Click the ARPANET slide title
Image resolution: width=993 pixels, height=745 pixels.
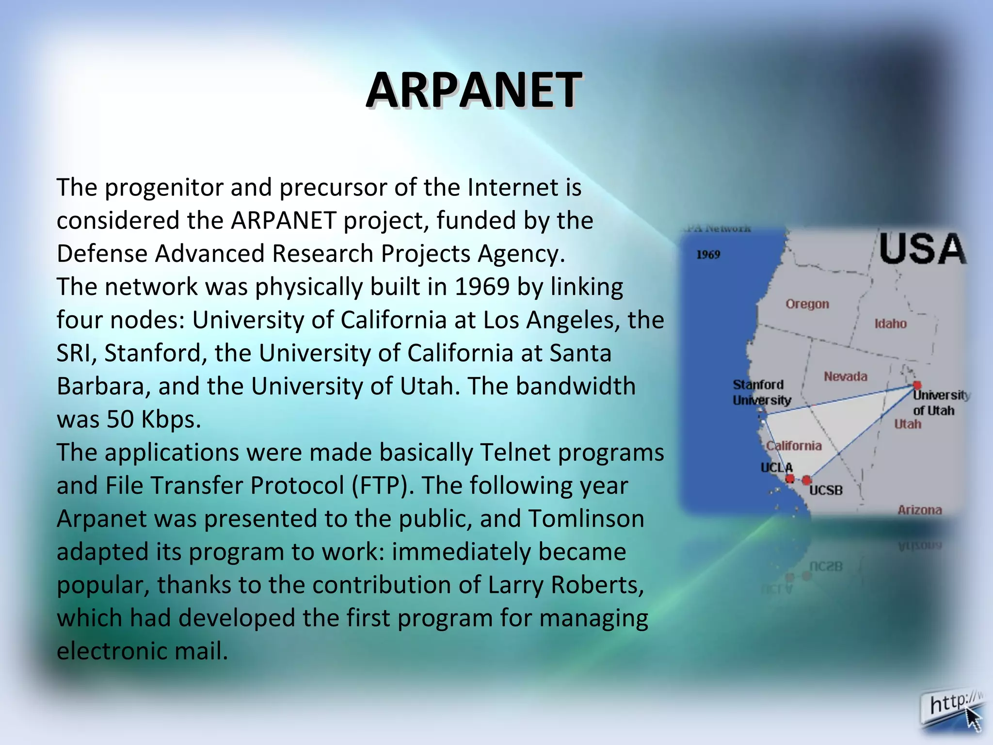[x=474, y=90]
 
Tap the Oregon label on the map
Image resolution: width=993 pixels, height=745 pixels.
[x=807, y=304]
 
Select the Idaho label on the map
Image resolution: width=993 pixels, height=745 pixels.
[x=890, y=324]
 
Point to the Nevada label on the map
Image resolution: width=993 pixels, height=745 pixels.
[x=845, y=376]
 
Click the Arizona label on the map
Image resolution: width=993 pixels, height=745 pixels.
[x=919, y=510]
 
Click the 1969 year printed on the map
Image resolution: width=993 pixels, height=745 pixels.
[x=708, y=255]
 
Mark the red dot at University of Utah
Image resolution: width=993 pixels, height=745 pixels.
[x=916, y=385]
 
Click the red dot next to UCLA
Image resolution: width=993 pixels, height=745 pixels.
[x=790, y=479]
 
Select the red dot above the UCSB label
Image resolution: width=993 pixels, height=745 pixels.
[x=806, y=480]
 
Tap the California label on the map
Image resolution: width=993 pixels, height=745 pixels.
[x=794, y=446]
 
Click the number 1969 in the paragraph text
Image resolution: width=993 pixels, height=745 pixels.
[x=482, y=287]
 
